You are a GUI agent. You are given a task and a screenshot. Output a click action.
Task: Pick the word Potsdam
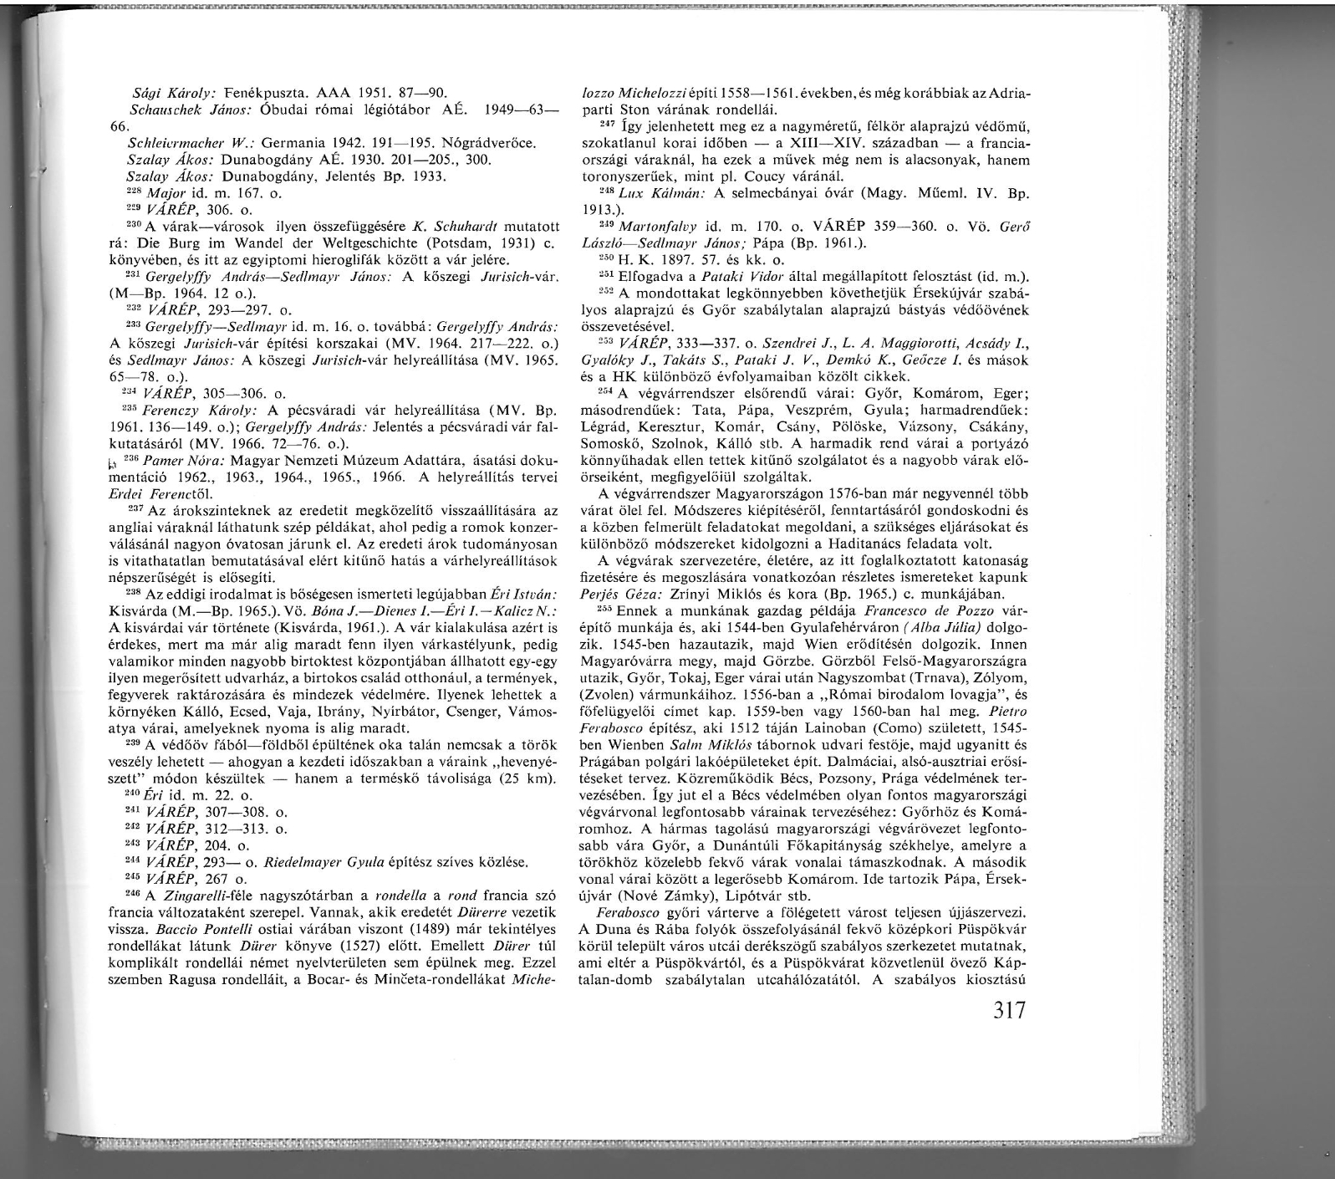[x=445, y=242]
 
